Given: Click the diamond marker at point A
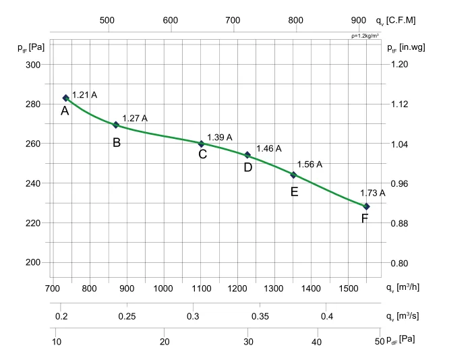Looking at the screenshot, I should [x=66, y=98].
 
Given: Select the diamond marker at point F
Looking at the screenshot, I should [x=366, y=206].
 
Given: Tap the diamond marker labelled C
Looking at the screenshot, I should [x=201, y=144].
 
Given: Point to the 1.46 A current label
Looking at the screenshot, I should [x=269, y=148].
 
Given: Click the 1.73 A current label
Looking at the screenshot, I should [x=372, y=192].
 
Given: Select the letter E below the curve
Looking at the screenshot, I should [x=294, y=192].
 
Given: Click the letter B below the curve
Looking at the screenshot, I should [x=117, y=142].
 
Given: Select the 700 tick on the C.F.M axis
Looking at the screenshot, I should [x=233, y=20].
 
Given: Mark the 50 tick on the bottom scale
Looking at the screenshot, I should [x=380, y=341].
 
